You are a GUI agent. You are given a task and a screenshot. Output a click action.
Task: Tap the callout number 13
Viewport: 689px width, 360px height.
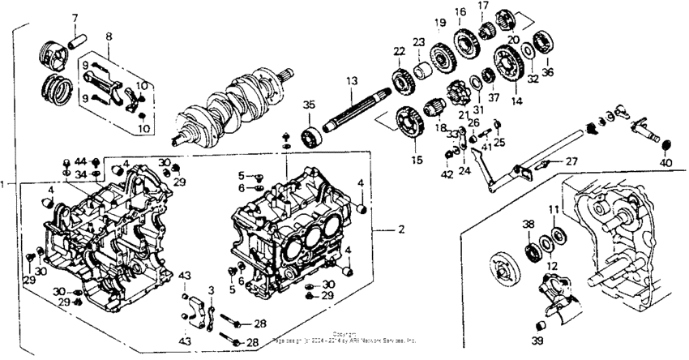tap(351, 81)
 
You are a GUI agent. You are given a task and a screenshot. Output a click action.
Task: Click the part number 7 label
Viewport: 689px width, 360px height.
tap(75, 18)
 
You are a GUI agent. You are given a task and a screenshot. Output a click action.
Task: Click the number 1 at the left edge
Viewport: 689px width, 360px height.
tap(5, 184)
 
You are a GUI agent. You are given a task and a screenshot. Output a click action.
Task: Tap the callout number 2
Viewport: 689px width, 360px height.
tap(400, 230)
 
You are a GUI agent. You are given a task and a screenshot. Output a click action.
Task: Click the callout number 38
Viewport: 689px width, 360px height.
tap(528, 223)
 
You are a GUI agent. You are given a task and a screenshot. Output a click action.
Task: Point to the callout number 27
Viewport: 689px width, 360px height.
tap(571, 161)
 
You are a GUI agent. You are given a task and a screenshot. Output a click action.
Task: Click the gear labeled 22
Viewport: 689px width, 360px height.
tap(400, 80)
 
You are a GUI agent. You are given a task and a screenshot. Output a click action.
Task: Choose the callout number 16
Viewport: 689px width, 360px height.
tap(460, 12)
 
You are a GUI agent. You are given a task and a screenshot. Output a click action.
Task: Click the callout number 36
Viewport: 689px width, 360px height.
tap(548, 72)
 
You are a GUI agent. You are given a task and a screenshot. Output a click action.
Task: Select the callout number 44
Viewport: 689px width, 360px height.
tap(81, 161)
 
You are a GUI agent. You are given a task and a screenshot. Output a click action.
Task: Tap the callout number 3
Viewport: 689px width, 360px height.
tap(211, 289)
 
